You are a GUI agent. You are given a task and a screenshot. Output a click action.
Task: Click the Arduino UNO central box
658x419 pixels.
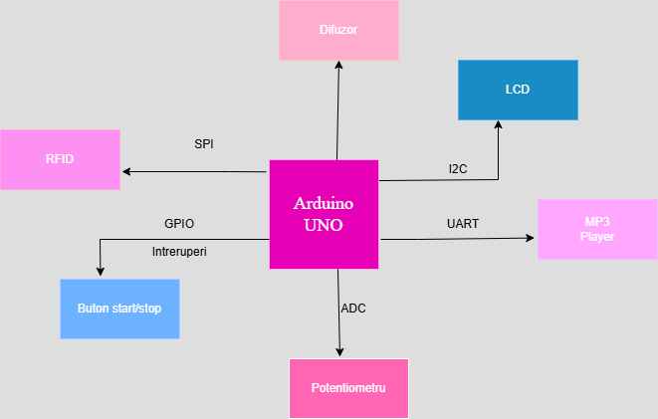[x=324, y=214]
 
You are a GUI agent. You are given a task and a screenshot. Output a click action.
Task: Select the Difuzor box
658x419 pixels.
[x=338, y=30]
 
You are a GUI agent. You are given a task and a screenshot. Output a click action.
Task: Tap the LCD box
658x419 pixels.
[x=518, y=91]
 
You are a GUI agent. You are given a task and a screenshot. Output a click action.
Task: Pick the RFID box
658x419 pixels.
[x=60, y=159]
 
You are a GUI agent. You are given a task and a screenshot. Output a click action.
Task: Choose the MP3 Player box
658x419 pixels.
[x=597, y=229]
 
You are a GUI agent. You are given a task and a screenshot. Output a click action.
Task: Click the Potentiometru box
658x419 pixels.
[x=348, y=388]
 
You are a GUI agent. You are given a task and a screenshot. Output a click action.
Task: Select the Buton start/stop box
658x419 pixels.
[x=119, y=309]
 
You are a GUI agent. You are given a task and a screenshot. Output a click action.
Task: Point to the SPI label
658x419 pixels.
[x=204, y=143]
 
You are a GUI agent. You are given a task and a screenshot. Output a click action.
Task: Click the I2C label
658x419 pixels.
[x=458, y=168]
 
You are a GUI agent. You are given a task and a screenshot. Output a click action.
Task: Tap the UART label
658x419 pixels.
[x=463, y=223]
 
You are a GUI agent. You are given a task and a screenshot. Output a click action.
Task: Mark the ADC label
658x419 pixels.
[x=353, y=309]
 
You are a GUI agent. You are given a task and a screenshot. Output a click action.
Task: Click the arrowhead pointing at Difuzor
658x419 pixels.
[x=338, y=65]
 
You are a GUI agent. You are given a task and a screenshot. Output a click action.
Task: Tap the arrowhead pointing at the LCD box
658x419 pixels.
[x=499, y=125]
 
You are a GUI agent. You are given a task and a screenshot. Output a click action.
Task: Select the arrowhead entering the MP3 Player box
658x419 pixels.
[x=531, y=239]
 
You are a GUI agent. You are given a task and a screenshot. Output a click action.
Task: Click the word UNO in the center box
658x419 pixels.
[x=324, y=225]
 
